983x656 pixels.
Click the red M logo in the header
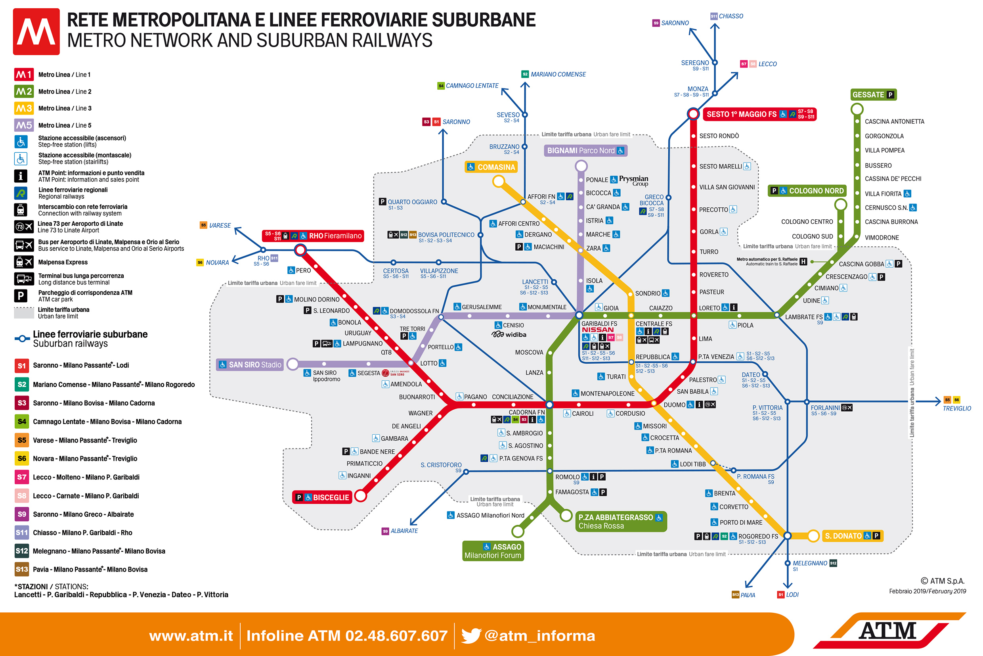click(36, 31)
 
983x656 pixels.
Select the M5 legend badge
click(24, 125)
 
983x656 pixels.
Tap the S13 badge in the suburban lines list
click(22, 570)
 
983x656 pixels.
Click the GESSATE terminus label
click(874, 95)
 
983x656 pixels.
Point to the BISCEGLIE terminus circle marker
click(360, 496)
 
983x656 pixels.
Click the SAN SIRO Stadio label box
click(250, 365)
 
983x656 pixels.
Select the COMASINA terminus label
click(491, 167)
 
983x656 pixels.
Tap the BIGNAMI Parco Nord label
click(585, 151)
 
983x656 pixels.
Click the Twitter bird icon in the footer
click(471, 635)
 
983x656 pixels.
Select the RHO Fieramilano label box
click(313, 236)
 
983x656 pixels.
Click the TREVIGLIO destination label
click(957, 409)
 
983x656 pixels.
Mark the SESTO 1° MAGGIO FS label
click(759, 114)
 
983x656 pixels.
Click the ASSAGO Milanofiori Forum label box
click(493, 551)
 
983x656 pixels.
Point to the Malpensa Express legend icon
click(23, 262)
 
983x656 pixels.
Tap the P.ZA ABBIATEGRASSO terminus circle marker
click(566, 516)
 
